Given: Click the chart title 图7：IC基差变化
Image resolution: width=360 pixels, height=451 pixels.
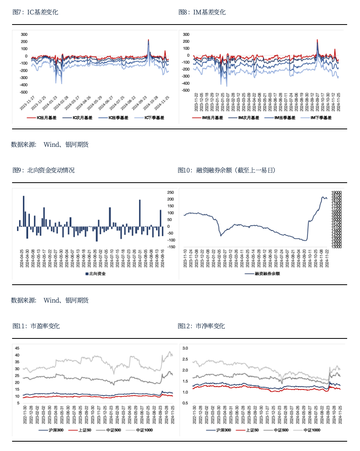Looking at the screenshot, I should (x=35, y=12).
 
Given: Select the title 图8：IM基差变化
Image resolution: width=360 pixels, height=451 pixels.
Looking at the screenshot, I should (x=202, y=12).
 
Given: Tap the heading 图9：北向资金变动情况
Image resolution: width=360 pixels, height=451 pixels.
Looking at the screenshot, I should (x=43, y=170).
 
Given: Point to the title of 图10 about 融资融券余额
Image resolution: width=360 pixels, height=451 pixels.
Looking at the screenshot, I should (x=226, y=170).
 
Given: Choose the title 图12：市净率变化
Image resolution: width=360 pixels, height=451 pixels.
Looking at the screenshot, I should (x=201, y=326).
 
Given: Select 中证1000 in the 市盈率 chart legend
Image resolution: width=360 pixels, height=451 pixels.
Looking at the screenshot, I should (x=144, y=430).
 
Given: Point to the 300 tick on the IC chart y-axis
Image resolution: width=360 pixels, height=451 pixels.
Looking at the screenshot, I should (x=24, y=34).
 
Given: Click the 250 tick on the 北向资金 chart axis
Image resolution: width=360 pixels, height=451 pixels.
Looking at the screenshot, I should (x=171, y=192).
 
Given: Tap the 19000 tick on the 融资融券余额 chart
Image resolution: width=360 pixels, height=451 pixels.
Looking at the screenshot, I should (x=337, y=192).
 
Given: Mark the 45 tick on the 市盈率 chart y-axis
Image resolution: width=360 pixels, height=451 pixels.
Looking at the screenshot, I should (x=17, y=348).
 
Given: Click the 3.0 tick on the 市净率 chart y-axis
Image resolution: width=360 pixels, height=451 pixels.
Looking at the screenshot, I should (x=185, y=348).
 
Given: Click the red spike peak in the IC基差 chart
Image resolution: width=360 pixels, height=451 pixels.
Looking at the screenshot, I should (x=148, y=40).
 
